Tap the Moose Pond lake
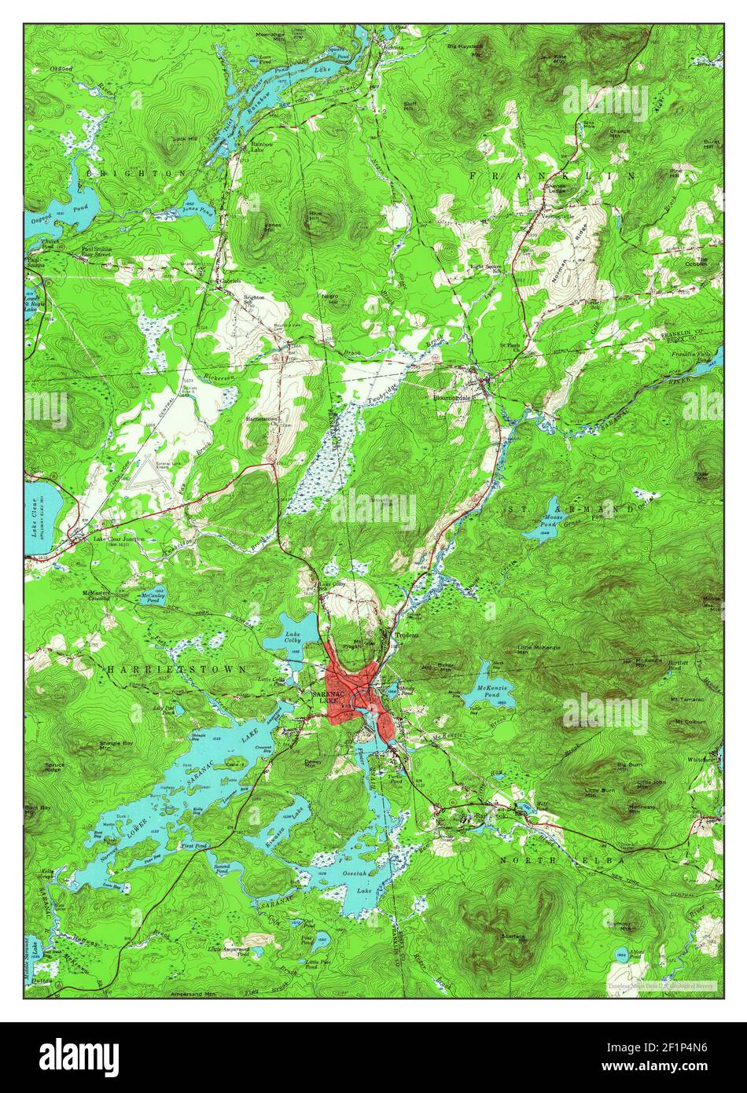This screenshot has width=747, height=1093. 542,529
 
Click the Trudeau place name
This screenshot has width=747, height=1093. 406,634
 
